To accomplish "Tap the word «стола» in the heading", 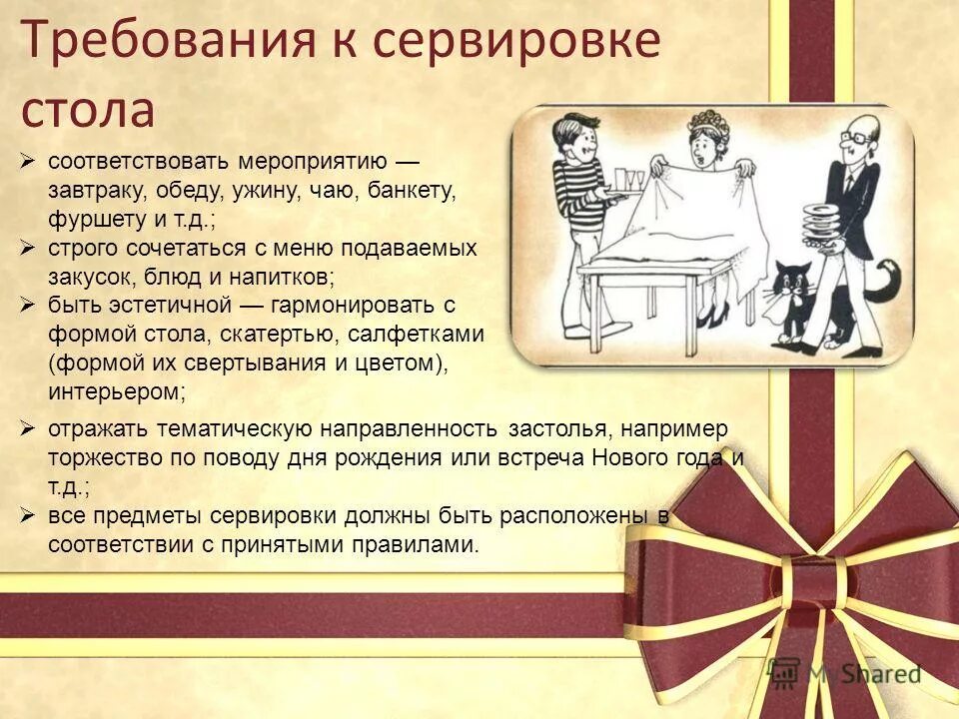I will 88,110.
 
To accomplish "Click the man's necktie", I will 847,184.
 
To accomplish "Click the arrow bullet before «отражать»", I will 29,428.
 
